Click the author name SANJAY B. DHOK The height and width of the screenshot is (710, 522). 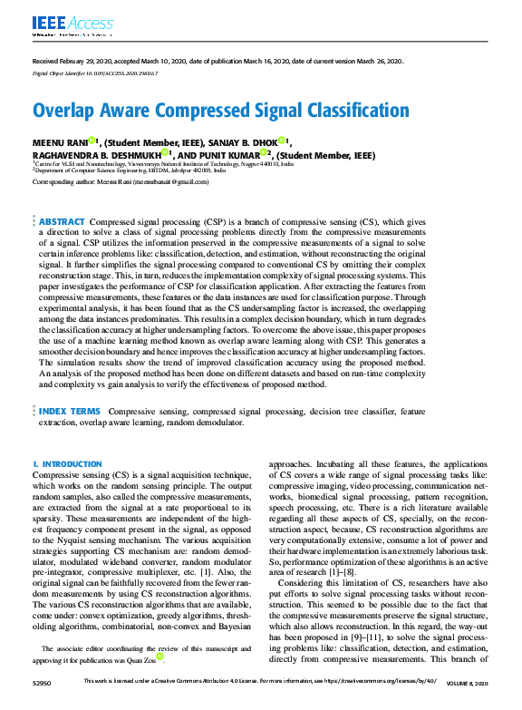(x=246, y=142)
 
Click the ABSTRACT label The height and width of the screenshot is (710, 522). (x=63, y=221)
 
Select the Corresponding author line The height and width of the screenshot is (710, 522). (x=121, y=181)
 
